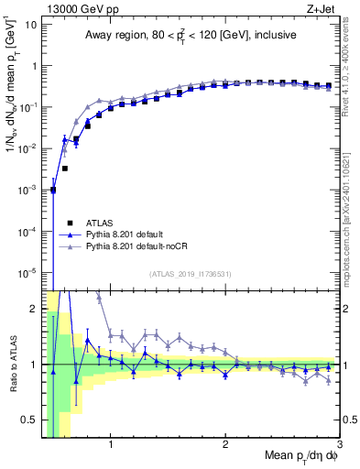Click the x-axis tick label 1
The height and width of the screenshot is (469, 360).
[x=111, y=444]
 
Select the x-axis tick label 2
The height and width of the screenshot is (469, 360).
[x=225, y=444]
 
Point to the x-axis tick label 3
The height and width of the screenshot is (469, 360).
[x=339, y=444]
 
